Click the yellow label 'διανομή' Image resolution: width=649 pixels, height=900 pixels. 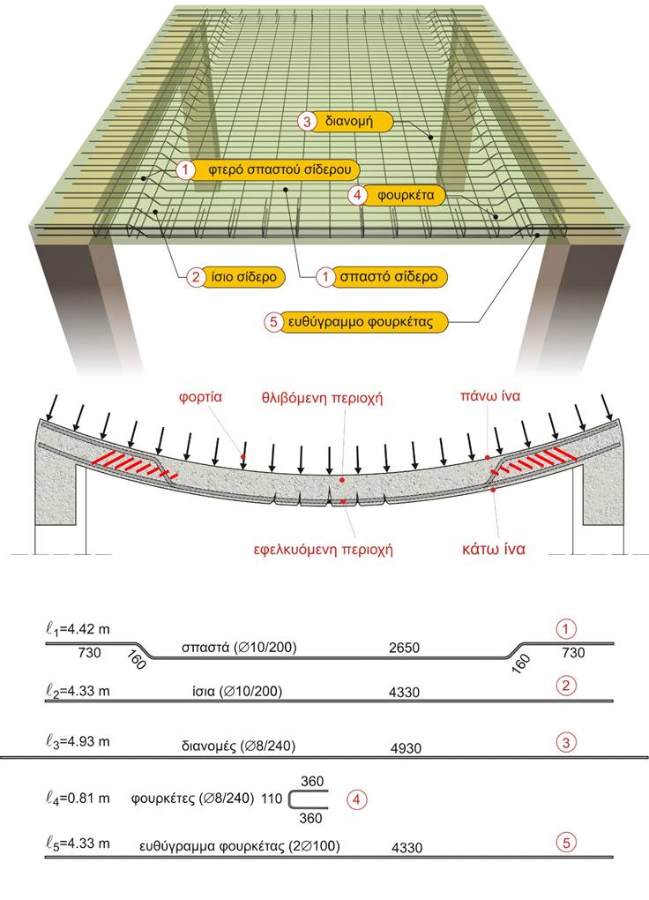tap(346, 121)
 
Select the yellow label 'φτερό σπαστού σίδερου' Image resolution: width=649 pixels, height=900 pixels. tap(269, 170)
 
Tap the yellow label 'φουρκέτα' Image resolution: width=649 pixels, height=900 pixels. tap(399, 195)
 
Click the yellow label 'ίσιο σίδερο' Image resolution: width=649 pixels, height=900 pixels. tap(235, 277)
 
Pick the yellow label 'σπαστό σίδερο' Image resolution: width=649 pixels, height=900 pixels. tap(381, 277)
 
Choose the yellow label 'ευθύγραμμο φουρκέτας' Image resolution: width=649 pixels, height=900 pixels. tap(355, 321)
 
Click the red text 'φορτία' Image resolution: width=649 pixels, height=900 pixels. tap(200, 397)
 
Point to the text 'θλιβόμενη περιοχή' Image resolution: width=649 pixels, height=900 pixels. tap(322, 398)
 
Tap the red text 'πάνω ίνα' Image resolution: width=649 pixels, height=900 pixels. tap(490, 395)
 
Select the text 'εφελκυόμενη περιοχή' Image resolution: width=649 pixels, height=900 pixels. tap(323, 550)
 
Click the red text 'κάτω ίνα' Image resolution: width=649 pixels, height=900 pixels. tap(494, 550)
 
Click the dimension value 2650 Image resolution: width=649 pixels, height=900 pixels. tap(404, 648)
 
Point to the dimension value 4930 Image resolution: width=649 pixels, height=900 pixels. tap(406, 748)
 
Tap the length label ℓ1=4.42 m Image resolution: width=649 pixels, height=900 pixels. tap(78, 629)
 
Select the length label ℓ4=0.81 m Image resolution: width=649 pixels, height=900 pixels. tap(78, 798)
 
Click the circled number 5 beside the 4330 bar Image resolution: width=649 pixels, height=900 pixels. tap(566, 843)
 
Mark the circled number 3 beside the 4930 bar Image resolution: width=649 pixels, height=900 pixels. tap(566, 742)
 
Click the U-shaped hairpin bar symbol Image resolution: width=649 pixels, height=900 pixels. tap(289, 799)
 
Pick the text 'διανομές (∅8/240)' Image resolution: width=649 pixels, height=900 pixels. tap(238, 746)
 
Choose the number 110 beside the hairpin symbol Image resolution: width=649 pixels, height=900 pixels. tap(272, 799)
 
